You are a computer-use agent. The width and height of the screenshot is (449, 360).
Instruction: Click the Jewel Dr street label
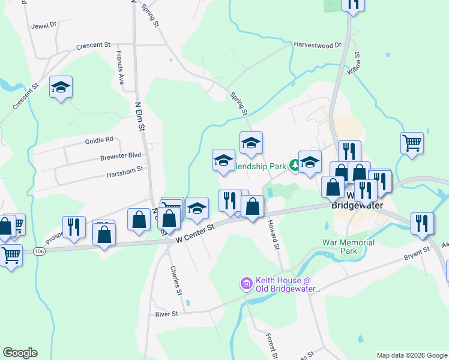pyautogui.click(x=44, y=25)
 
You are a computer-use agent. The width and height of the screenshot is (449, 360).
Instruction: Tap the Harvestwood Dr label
pyautogui.click(x=317, y=45)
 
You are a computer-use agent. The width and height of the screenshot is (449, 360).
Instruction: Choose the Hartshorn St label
pyautogui.click(x=125, y=169)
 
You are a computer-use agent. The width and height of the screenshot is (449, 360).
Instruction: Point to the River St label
pyautogui.click(x=167, y=314)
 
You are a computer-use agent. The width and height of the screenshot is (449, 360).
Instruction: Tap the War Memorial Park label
pyautogui.click(x=348, y=247)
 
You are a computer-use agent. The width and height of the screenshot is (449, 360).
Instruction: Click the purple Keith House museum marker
pyautogui.click(x=246, y=282)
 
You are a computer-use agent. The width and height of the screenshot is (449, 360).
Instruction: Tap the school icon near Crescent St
pyautogui.click(x=61, y=88)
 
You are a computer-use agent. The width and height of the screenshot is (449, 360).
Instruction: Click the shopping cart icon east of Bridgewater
pyautogui.click(x=412, y=144)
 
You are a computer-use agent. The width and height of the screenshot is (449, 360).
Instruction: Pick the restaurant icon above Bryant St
pyautogui.click(x=423, y=223)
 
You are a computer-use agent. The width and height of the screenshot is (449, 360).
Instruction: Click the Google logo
pyautogui.click(x=20, y=353)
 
